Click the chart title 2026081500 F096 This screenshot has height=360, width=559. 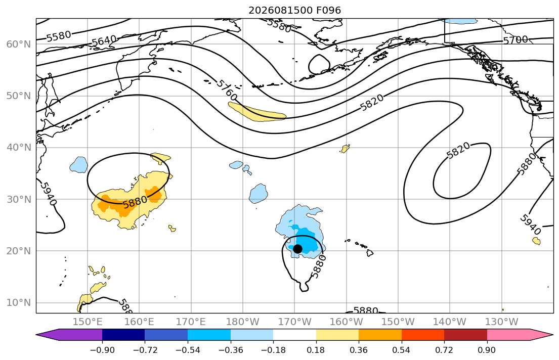(x=294, y=10)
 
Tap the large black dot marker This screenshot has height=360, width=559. (x=297, y=249)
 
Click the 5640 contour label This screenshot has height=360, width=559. (x=104, y=41)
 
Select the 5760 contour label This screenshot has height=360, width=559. (x=227, y=90)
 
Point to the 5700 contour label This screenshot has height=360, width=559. (x=515, y=39)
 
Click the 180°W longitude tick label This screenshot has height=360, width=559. (x=243, y=322)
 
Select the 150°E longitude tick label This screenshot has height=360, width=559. (x=88, y=322)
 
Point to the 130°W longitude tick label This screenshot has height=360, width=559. (x=502, y=322)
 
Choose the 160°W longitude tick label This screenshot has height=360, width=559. (x=346, y=322)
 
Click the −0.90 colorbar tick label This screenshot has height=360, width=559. (x=102, y=350)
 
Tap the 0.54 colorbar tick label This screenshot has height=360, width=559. (x=402, y=350)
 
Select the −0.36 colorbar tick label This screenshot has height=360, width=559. (x=231, y=350)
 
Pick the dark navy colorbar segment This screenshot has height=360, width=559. (x=123, y=335)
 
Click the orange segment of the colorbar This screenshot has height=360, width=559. (x=380, y=335)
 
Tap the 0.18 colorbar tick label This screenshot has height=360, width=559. (x=316, y=350)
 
